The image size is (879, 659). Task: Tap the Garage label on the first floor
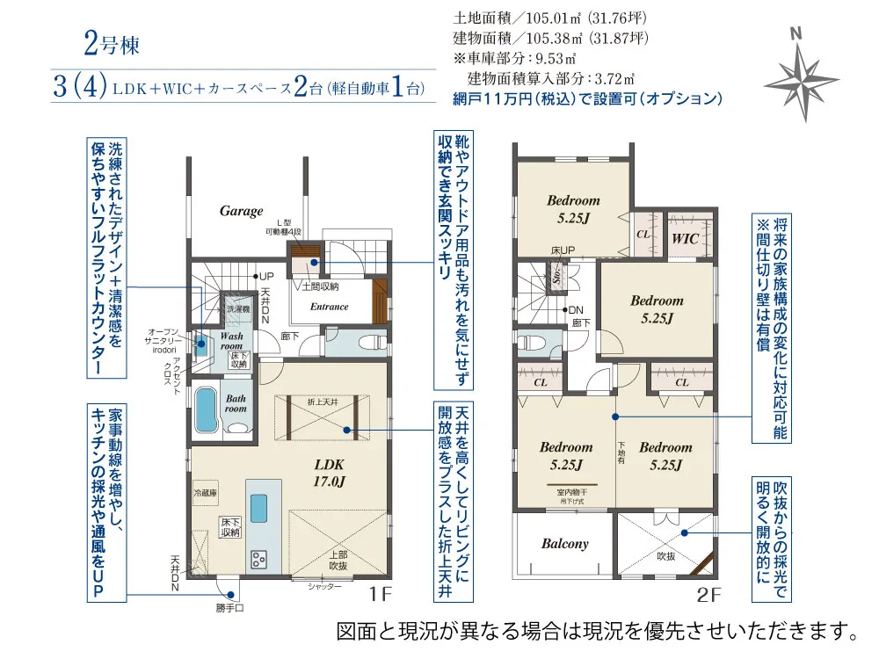click(241, 211)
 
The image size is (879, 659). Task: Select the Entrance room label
click(330, 307)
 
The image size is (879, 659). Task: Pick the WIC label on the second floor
click(686, 238)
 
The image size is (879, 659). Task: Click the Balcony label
click(564, 544)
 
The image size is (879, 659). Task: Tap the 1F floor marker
click(379, 595)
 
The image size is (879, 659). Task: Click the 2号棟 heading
click(112, 44)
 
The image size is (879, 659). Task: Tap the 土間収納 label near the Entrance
click(321, 286)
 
